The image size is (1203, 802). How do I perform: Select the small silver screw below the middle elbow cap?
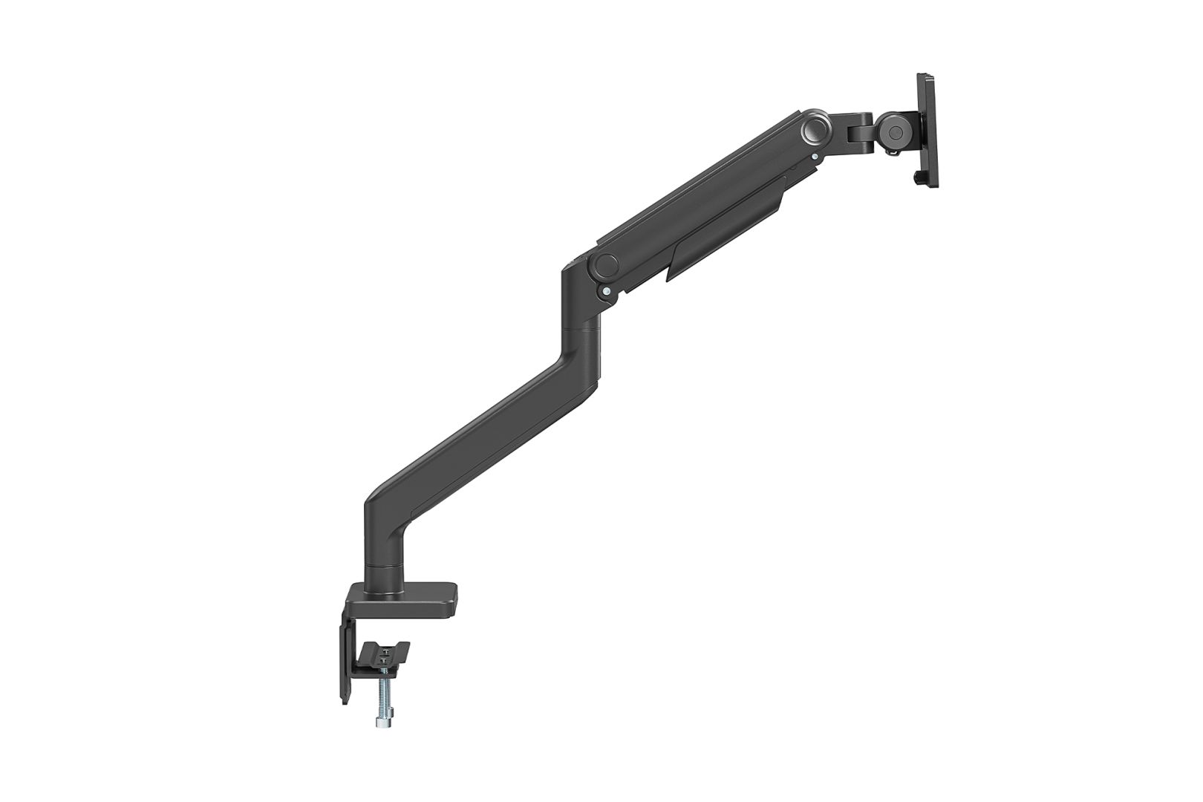[608, 292]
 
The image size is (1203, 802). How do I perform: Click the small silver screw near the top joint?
[815, 157]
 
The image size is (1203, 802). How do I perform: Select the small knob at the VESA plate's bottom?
[919, 179]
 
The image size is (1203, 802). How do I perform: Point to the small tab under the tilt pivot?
[892, 152]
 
